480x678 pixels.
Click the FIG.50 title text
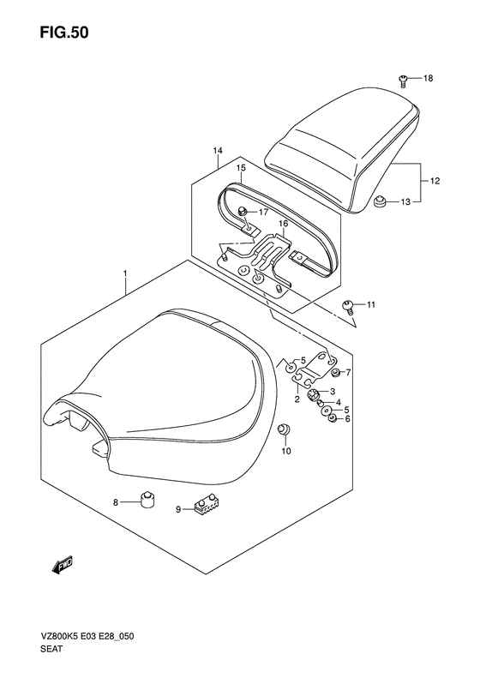pos(64,33)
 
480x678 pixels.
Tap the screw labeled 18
pos(403,81)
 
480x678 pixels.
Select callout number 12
pos(435,181)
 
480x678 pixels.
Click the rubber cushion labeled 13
pos(380,201)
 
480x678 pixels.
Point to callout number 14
pos(218,151)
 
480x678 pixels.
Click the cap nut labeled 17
pos(243,211)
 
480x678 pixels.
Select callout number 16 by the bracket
pos(283,224)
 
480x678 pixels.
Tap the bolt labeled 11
pos(348,306)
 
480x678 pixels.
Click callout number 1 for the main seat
pos(124,273)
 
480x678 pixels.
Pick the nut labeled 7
pos(334,372)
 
